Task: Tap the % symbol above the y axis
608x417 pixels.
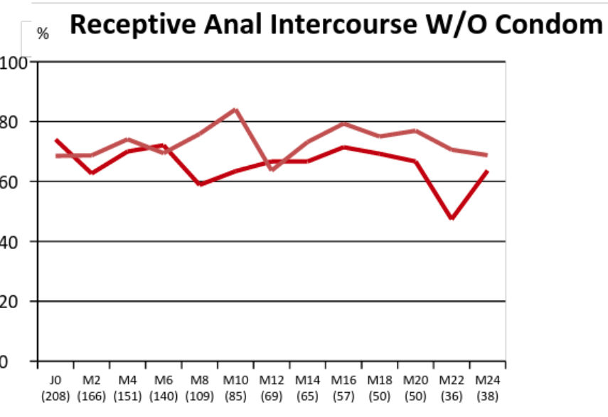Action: [43, 33]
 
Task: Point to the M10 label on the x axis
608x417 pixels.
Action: [235, 381]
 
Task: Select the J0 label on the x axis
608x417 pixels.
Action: [55, 381]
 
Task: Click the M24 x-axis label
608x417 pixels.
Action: [486, 381]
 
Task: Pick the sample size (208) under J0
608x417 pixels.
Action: [55, 395]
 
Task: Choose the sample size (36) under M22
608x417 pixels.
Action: [451, 395]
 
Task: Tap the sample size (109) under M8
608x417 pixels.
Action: [200, 395]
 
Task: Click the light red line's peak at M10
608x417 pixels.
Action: [235, 109]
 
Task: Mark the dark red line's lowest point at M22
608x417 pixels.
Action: [451, 218]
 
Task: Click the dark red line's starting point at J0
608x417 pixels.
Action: [55, 139]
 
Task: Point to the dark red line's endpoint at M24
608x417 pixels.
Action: [486, 171]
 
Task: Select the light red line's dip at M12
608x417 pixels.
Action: [272, 169]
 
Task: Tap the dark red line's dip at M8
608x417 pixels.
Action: [200, 184]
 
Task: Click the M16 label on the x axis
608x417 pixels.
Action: [343, 381]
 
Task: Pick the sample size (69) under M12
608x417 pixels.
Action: [272, 395]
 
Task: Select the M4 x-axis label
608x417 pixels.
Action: [127, 381]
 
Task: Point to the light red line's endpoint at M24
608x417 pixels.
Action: [486, 154]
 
